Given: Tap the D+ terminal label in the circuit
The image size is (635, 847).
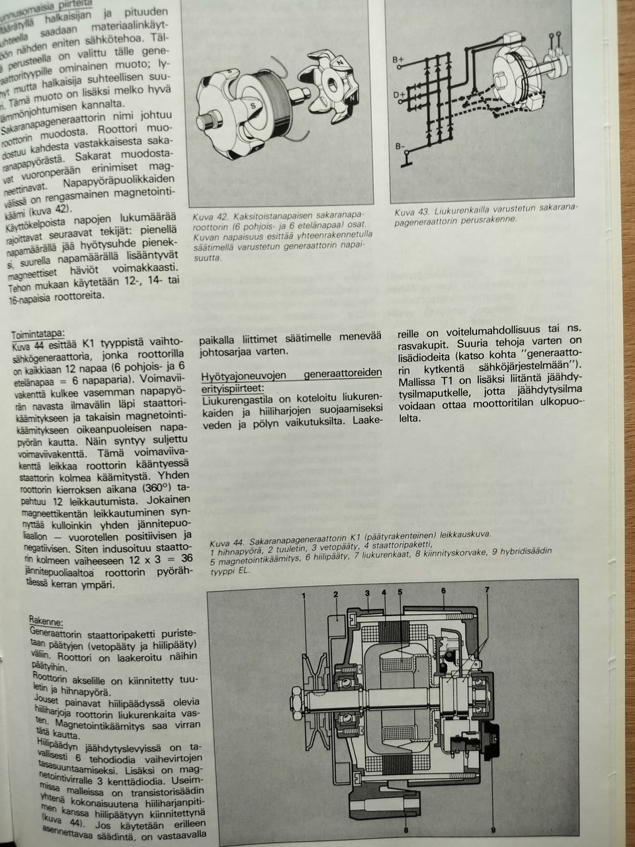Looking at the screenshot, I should tap(399, 95).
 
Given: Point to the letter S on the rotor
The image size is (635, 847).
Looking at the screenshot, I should tap(253, 105).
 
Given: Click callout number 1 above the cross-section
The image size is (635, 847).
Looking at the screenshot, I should tap(304, 593).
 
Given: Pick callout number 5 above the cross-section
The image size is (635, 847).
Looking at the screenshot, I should tap(400, 591).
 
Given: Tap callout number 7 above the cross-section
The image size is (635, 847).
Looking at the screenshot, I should tap(487, 589).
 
